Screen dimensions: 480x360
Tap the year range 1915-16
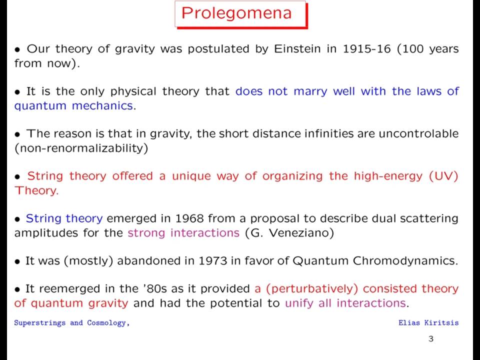click(366, 48)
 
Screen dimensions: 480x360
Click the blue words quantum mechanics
click(73, 106)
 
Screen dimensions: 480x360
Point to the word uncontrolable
click(418, 134)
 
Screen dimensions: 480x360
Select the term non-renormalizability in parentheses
click(81, 148)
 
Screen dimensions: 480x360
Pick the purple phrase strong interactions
click(183, 233)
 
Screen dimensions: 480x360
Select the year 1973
click(213, 261)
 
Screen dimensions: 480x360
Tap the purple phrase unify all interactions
click(345, 303)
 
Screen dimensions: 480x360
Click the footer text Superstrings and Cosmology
click(72, 323)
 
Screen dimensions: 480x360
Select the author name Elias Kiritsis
click(428, 322)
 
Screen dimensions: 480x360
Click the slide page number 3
click(431, 339)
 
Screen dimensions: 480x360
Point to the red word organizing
click(292, 176)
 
